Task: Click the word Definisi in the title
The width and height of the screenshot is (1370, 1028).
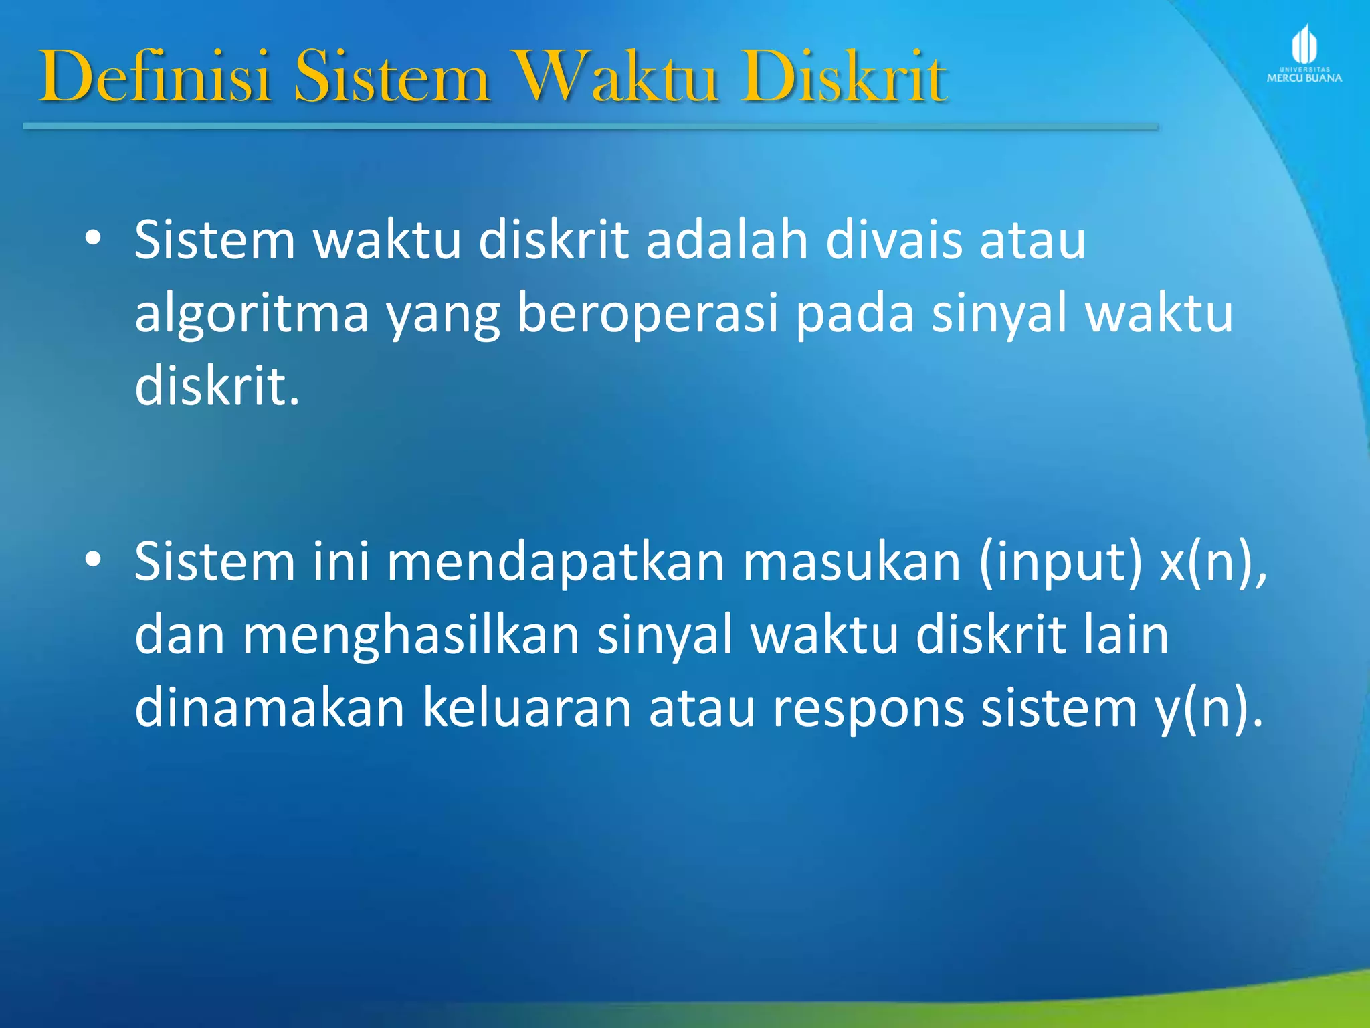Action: [155, 77]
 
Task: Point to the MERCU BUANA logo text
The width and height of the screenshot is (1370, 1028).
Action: [1304, 78]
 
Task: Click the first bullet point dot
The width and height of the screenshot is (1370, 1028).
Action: [93, 238]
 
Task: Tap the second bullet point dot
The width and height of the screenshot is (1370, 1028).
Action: [93, 560]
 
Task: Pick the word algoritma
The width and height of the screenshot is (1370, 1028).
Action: [252, 315]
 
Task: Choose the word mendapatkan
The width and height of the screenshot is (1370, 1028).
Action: [556, 562]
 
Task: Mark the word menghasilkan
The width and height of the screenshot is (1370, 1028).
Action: [410, 636]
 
